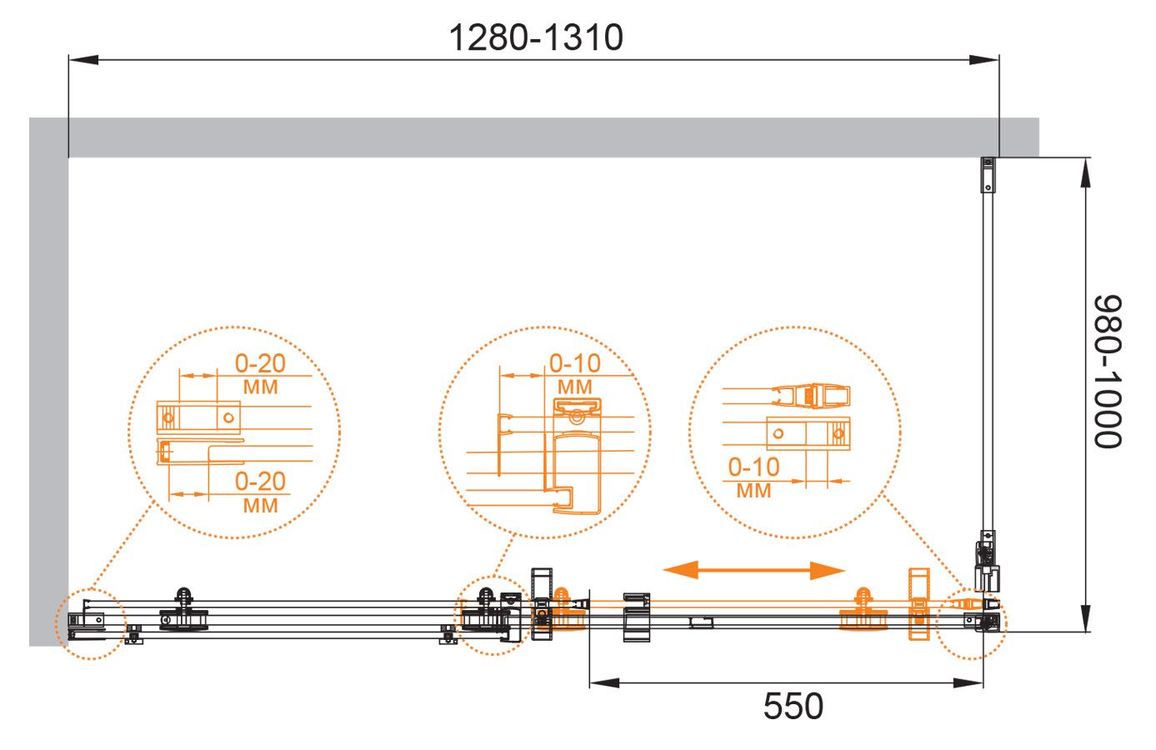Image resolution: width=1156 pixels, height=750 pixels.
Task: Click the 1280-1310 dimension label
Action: pos(536,37)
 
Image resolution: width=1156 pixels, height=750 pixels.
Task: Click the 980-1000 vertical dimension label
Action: pos(1108,372)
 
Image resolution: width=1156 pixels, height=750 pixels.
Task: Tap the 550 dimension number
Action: pos(793,706)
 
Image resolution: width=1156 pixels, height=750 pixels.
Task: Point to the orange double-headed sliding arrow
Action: pos(753,570)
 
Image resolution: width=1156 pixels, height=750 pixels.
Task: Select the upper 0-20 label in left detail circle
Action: pos(260,363)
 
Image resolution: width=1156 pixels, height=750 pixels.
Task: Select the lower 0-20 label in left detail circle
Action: pos(260,482)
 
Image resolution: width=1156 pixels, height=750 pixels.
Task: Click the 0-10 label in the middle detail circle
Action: pos(575,363)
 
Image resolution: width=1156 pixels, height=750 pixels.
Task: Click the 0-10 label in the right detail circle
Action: pos(753,467)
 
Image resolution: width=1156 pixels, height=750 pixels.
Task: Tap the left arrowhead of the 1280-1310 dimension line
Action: pos(83,60)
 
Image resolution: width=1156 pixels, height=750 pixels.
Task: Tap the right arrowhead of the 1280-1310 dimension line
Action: pos(983,60)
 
